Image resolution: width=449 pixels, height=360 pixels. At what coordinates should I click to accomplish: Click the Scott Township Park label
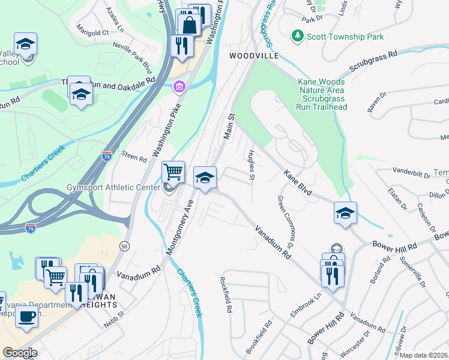point(345,37)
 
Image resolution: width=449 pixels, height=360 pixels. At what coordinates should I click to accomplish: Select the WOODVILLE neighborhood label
point(254,56)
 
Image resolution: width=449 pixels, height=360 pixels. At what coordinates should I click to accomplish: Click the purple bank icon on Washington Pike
point(178,89)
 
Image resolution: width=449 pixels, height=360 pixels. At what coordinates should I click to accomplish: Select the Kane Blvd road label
point(298,182)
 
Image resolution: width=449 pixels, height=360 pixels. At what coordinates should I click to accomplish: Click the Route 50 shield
point(124,246)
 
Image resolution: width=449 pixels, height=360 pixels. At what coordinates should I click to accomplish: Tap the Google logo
point(20,353)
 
